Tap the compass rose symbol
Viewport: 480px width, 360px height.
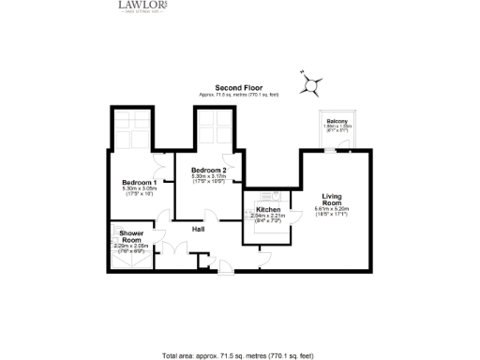coord(310,84)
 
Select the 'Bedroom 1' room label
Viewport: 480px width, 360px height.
coord(138,182)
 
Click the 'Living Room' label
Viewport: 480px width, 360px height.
coord(332,198)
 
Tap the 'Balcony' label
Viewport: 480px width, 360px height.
coord(337,122)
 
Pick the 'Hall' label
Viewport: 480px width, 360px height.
coord(199,229)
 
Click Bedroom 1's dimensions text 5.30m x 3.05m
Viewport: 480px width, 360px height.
coord(138,189)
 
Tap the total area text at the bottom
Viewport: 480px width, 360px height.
coord(240,356)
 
